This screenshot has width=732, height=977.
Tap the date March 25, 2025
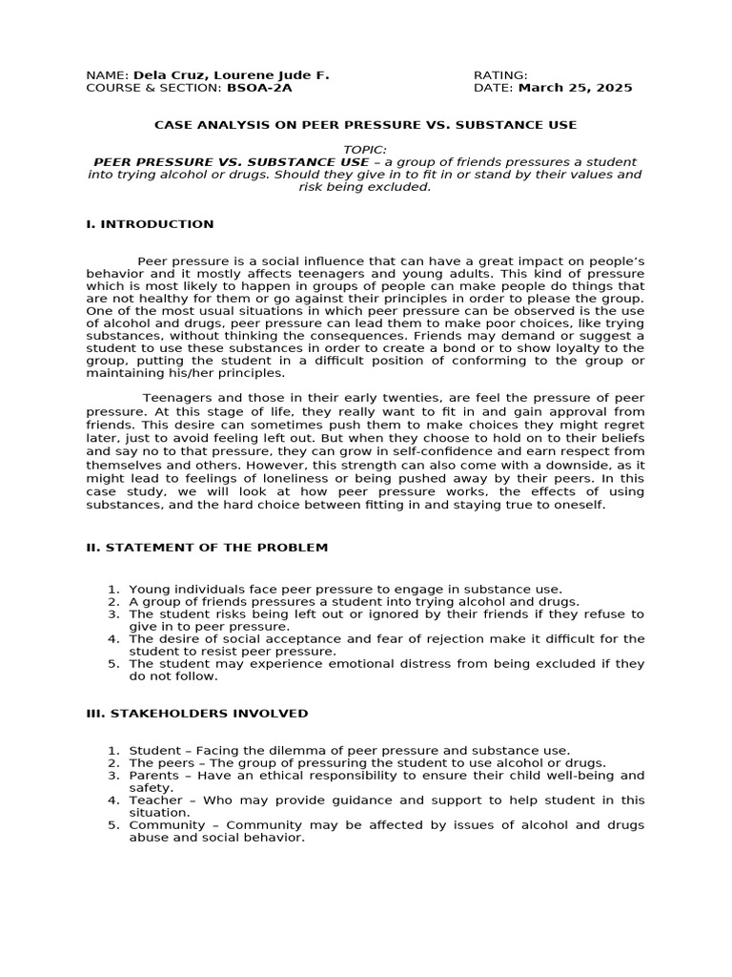[575, 88]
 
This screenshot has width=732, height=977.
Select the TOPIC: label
[366, 150]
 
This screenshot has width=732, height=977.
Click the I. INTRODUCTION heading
[150, 224]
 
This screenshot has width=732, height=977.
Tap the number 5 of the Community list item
[112, 825]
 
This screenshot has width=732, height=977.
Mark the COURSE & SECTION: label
[153, 88]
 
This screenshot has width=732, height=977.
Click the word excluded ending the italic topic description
[404, 187]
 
